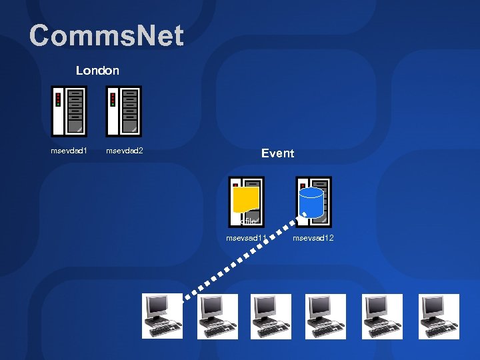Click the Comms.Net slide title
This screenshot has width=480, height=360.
[x=106, y=36]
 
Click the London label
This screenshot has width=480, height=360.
[x=97, y=70]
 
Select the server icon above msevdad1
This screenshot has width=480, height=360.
[x=69, y=111]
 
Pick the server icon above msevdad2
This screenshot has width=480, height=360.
[x=124, y=111]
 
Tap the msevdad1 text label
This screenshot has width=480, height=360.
[x=69, y=151]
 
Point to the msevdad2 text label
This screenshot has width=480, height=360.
[x=125, y=151]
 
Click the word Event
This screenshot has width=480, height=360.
[x=277, y=153]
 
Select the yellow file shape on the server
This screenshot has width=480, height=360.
[x=246, y=199]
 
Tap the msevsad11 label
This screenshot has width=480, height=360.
[x=247, y=238]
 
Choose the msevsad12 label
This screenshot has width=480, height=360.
[x=313, y=238]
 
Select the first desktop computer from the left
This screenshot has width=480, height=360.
[x=162, y=315]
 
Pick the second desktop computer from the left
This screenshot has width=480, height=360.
[x=217, y=315]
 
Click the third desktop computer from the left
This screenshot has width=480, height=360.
[x=271, y=315]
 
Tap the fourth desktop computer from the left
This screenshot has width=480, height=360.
[x=326, y=315]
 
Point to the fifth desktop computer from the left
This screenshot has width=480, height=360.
[x=382, y=315]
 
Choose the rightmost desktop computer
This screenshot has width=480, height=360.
[x=439, y=315]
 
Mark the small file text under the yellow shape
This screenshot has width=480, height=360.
[x=248, y=221]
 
